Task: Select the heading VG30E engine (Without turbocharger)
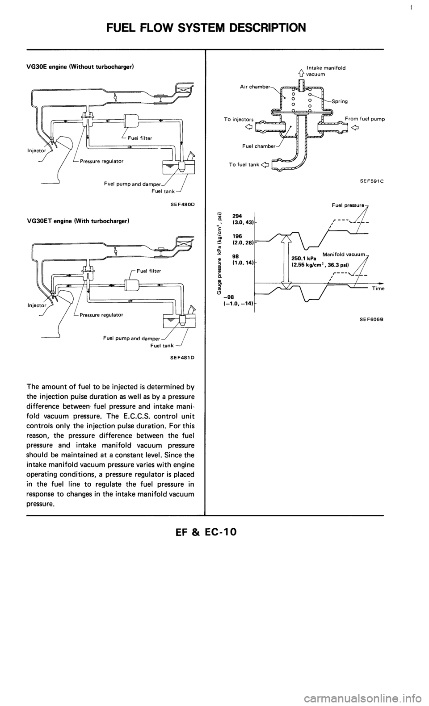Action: [85, 67]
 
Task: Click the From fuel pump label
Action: [365, 119]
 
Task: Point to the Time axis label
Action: [376, 288]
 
